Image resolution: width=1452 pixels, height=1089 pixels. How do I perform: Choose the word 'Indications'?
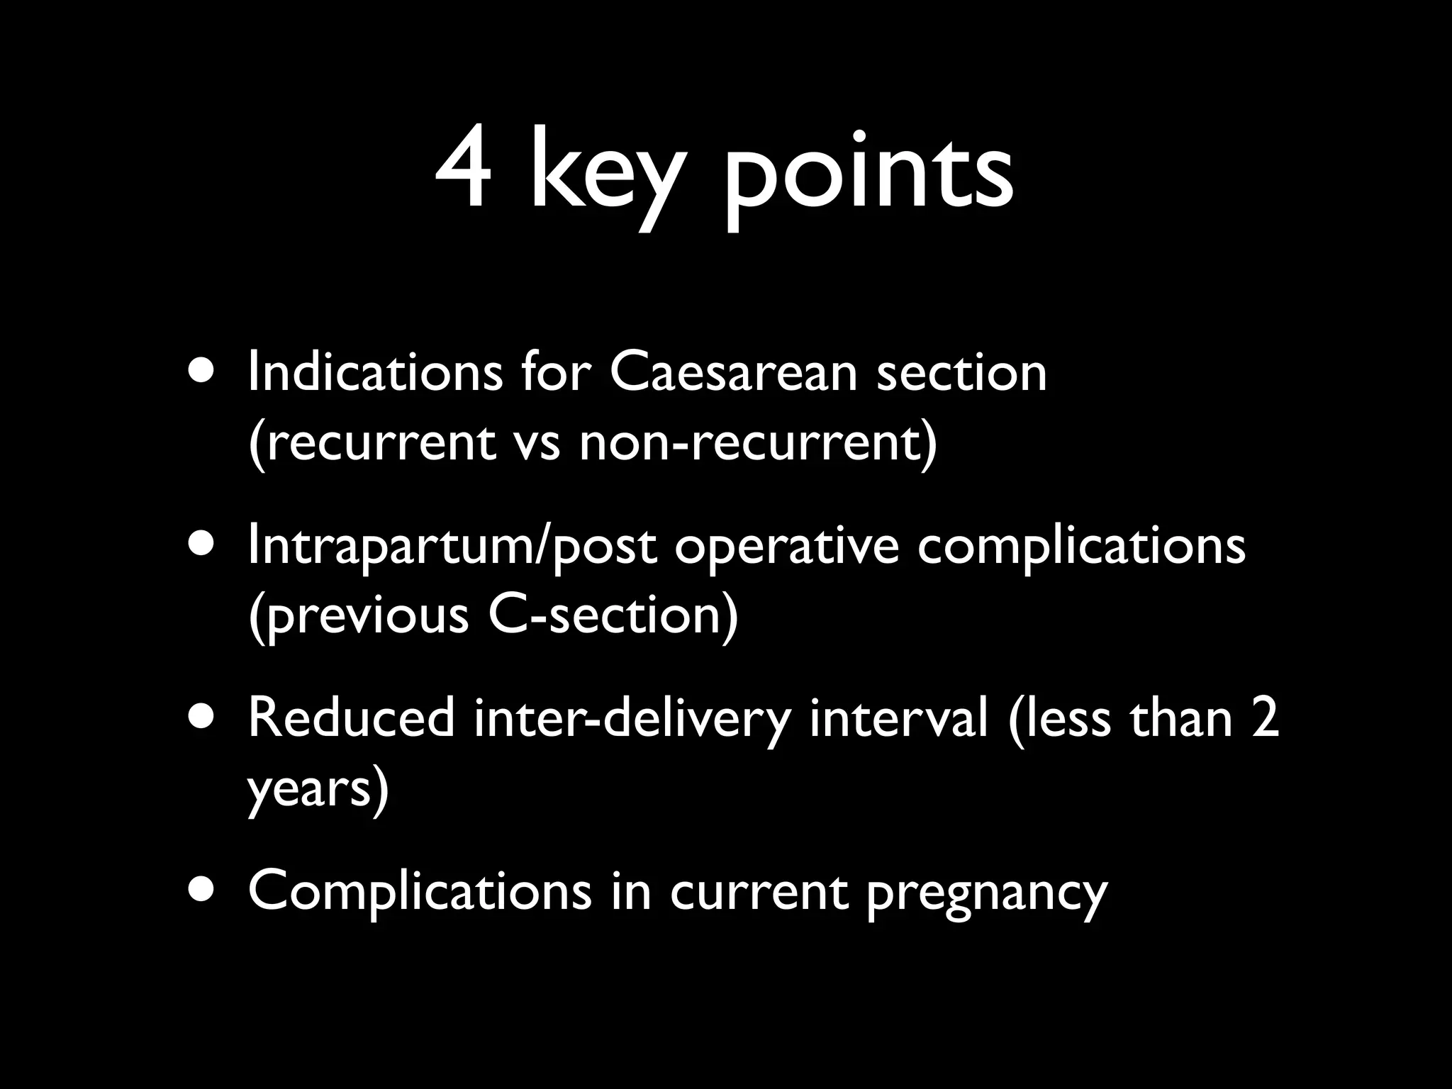(375, 373)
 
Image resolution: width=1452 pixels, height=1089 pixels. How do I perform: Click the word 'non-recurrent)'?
(758, 442)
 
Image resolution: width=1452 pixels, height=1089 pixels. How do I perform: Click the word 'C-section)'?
(613, 614)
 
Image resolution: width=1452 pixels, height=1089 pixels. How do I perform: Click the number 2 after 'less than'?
(1265, 718)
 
